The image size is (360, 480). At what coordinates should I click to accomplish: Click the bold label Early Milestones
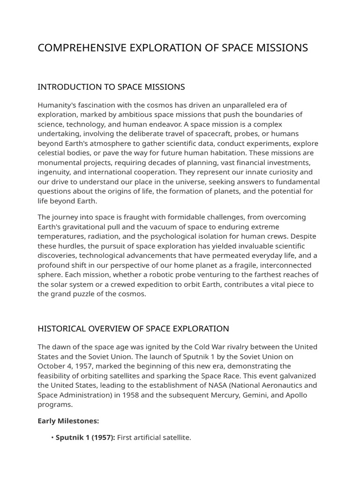click(x=68, y=421)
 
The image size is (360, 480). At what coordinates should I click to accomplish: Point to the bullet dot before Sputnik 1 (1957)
click(x=52, y=438)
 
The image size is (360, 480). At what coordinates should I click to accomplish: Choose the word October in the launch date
click(x=51, y=366)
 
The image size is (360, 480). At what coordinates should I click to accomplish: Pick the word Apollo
click(x=294, y=395)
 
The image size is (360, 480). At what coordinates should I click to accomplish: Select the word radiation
click(x=100, y=236)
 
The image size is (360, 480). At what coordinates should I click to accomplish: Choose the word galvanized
click(x=297, y=376)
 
